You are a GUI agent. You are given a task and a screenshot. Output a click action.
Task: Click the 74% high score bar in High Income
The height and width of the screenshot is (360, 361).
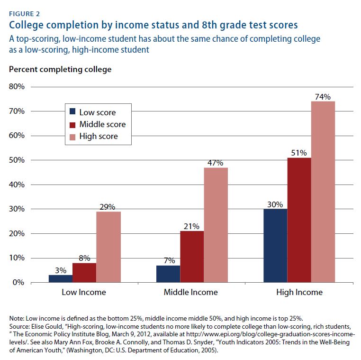(x=323, y=192)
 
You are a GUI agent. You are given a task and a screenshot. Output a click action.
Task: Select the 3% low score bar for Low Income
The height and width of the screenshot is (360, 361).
(x=60, y=278)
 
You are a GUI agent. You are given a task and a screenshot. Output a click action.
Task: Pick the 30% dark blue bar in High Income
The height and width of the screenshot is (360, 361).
(x=275, y=245)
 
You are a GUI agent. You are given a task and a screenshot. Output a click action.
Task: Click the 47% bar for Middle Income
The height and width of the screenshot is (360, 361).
(x=216, y=225)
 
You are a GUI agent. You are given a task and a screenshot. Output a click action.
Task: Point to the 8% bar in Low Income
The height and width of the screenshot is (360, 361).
(x=84, y=272)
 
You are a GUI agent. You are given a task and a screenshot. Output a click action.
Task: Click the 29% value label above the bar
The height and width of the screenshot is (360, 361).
(x=108, y=206)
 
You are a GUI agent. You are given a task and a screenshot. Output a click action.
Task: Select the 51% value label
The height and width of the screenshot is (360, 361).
(x=299, y=153)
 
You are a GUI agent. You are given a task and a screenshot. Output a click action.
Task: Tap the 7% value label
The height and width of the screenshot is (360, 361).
(x=168, y=260)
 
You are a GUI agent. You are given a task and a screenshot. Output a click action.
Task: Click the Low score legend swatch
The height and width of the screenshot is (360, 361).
(x=73, y=112)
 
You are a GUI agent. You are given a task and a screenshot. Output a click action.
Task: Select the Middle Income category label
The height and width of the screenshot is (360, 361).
(x=190, y=292)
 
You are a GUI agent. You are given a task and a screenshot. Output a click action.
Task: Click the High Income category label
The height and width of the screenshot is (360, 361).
(x=299, y=292)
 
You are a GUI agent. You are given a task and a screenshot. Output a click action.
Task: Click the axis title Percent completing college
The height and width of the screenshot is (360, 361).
(x=60, y=69)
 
